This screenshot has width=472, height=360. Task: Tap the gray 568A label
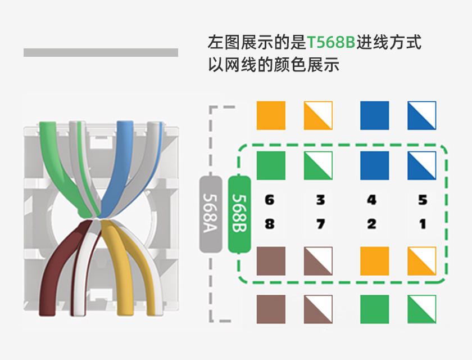click(213, 213)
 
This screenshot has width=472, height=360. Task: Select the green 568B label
click(239, 213)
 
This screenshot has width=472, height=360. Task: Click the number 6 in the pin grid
click(270, 200)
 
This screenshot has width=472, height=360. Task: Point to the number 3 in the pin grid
click(320, 200)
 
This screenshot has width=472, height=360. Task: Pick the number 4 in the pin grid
click(372, 200)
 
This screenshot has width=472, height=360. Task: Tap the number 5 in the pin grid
click(423, 200)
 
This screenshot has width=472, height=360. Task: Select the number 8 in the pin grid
click(270, 224)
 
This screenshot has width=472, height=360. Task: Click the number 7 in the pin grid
click(320, 224)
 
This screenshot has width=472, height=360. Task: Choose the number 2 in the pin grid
click(372, 224)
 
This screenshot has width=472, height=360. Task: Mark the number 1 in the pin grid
click(423, 224)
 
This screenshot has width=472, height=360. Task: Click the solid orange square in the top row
click(271, 115)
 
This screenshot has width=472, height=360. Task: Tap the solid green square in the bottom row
click(374, 309)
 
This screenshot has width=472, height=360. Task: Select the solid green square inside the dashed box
click(271, 166)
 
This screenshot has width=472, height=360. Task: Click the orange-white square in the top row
click(318, 115)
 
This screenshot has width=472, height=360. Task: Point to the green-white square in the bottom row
click(421, 309)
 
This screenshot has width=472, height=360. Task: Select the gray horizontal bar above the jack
click(101, 52)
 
